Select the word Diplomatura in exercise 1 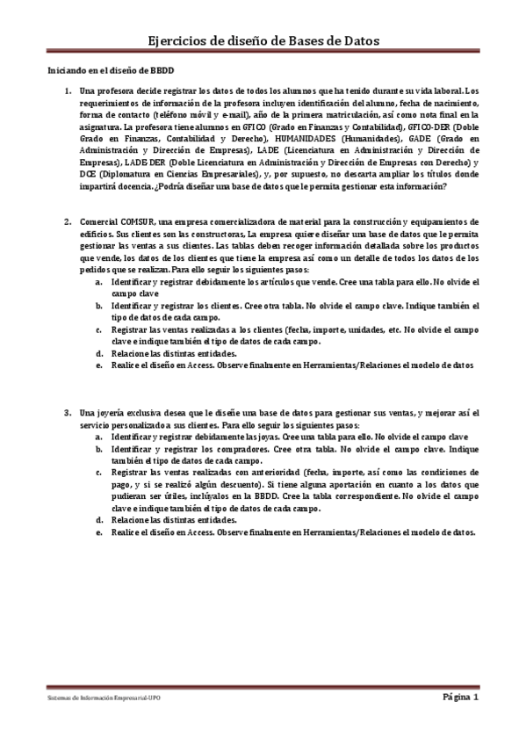point(129,175)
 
